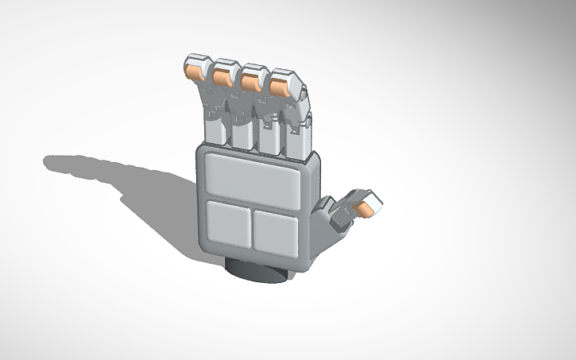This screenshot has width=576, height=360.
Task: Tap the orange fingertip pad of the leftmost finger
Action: click(x=193, y=71)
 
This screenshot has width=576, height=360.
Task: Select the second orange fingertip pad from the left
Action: click(x=222, y=75)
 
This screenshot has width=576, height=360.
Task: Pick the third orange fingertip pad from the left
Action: click(x=251, y=79)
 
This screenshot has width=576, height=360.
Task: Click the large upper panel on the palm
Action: click(x=252, y=178)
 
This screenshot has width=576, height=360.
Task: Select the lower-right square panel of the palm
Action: click(x=275, y=230)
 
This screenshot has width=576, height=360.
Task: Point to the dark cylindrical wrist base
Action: click(x=256, y=270)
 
